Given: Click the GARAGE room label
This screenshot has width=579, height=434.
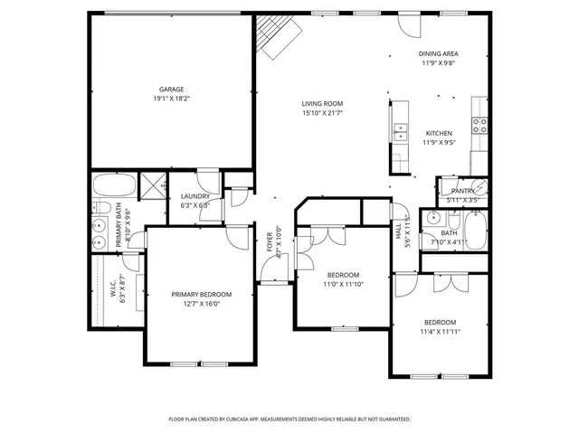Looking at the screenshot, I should coord(172,89).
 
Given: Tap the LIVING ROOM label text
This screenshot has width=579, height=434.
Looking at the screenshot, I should coord(322,104).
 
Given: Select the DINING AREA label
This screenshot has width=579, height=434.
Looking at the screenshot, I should coord(439,53).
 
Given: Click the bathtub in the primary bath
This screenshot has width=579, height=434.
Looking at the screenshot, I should coord(114,186).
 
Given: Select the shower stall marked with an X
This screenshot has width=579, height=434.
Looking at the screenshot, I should coord(154,185).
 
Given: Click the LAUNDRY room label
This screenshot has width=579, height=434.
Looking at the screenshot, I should coord(195,196).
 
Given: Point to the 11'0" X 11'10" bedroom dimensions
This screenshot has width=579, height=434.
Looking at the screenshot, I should coord(343,284).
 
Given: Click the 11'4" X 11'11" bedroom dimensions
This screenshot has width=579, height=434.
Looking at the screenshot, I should coord(441,332).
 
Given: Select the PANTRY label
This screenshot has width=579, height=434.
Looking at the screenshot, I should coord(463,191).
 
